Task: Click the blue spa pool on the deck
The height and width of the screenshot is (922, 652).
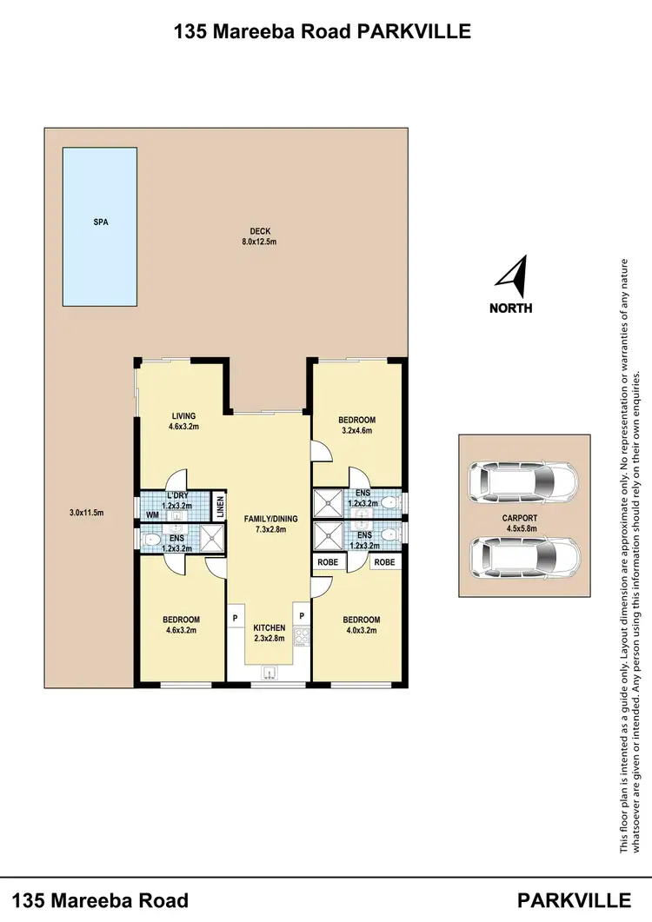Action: pos(99,226)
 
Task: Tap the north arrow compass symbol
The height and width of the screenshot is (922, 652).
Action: pos(512,275)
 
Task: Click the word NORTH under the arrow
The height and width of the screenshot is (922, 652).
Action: pos(511,308)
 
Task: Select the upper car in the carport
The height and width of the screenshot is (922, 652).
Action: pos(524,481)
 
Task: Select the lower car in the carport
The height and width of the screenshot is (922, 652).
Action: pos(524,557)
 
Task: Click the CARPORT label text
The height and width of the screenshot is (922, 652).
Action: pos(522,516)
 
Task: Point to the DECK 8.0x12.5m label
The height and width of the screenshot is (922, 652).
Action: pos(263,236)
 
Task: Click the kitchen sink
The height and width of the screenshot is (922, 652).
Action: pos(268,671)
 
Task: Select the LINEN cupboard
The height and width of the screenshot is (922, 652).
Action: pos(220,506)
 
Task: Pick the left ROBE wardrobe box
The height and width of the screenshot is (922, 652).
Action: pos(328,562)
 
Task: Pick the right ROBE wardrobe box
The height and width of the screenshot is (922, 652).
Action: pos(384,562)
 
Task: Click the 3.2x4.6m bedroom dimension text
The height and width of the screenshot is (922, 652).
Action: pos(356,430)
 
